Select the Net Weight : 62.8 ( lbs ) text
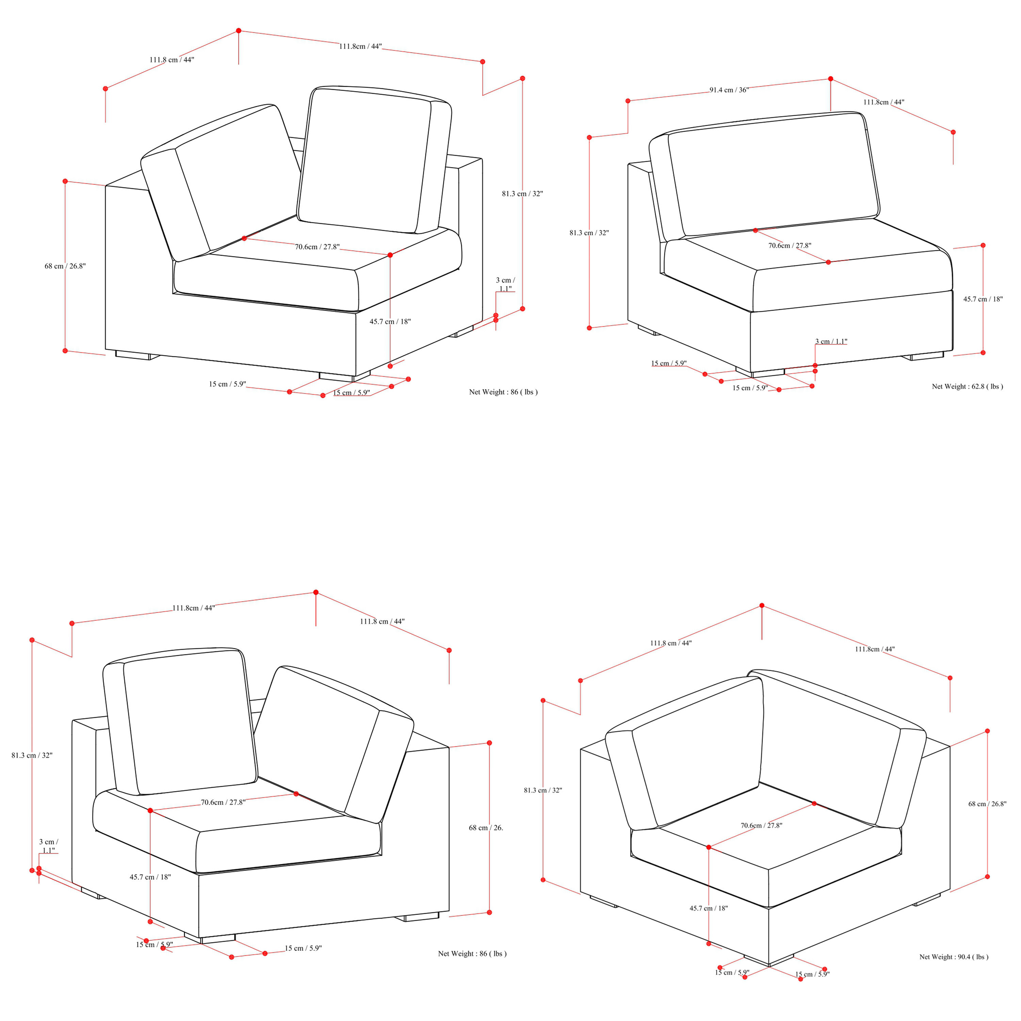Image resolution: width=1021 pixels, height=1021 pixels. (967, 386)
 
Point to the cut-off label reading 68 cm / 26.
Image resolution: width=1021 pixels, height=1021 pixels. (486, 828)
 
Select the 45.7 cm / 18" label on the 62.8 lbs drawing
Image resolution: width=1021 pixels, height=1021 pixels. (983, 299)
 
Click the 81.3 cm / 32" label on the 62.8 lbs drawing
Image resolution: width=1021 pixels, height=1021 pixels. (589, 232)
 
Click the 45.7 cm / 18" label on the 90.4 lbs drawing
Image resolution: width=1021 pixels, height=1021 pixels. (708, 908)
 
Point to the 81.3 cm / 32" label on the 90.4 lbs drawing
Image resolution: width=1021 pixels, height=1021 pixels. (543, 790)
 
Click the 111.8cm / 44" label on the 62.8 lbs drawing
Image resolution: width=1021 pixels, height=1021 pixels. (884, 102)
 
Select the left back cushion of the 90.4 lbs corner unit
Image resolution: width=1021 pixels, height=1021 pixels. (685, 753)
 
